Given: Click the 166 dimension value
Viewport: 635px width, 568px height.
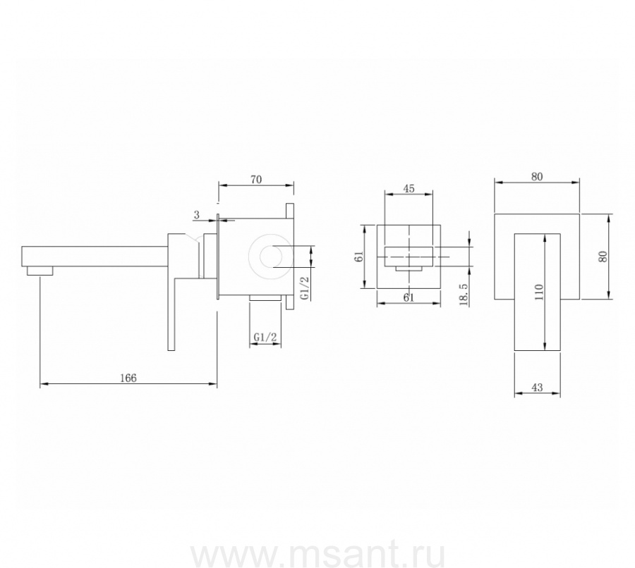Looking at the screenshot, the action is point(128,378).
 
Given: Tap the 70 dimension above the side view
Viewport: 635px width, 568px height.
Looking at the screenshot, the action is point(256,179).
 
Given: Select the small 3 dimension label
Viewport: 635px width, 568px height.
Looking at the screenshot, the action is point(197,215).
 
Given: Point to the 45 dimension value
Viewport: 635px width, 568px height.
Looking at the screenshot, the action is point(409,189).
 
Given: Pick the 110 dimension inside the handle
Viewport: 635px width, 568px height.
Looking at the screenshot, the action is point(538,292).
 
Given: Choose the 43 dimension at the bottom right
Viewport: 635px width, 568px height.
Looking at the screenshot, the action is point(537,387).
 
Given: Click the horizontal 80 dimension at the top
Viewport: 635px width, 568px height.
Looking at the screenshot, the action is point(537,177).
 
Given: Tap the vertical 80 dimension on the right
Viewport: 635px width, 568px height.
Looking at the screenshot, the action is point(603,257).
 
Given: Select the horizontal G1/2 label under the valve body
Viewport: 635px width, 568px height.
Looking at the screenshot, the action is point(265,337).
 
